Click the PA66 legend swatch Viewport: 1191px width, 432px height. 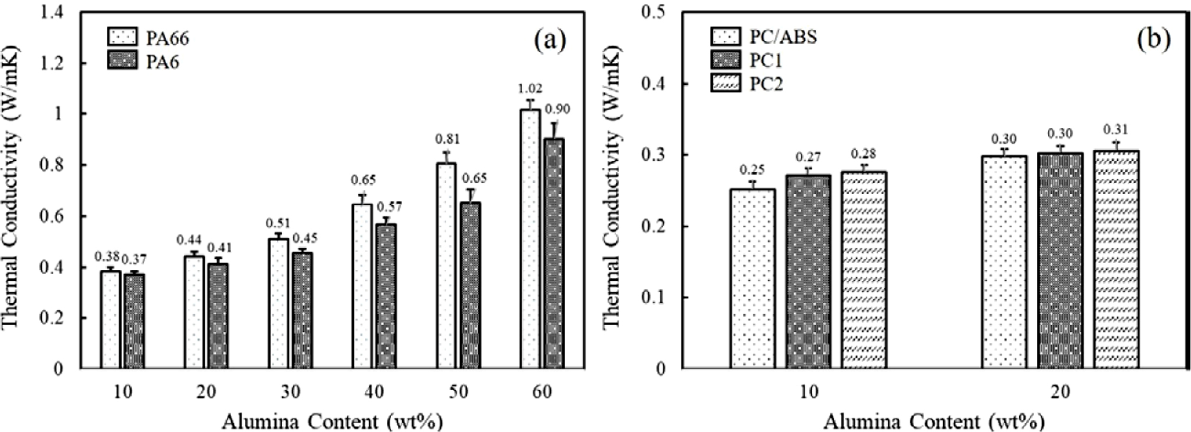123,38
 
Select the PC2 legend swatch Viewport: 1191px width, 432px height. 724,84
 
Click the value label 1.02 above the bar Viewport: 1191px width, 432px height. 530,89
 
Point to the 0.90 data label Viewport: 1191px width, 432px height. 557,109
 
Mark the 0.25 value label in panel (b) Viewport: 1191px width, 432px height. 752,170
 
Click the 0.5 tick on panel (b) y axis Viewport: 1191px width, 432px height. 655,12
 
